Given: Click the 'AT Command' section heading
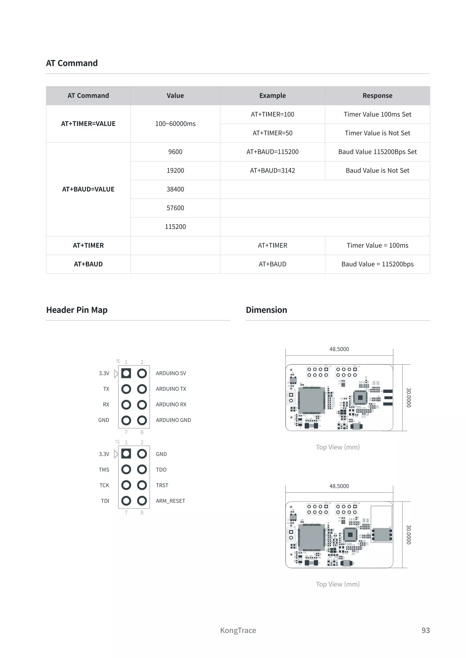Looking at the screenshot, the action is (x=72, y=63).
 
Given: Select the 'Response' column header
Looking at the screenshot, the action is (x=377, y=96).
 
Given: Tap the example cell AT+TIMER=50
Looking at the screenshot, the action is (x=272, y=133).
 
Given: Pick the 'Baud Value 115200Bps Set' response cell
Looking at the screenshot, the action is (x=377, y=152).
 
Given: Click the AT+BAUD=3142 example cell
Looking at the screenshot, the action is (x=272, y=170).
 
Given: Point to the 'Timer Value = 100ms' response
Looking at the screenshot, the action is (x=377, y=245).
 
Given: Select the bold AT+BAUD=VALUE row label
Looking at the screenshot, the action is (x=88, y=189).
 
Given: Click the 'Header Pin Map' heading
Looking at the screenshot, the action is (x=77, y=310).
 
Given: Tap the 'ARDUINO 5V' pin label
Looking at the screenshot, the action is (x=171, y=373).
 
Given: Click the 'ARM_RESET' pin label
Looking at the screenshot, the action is (x=170, y=501).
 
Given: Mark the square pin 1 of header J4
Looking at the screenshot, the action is (x=126, y=373).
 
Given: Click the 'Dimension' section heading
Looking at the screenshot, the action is (x=266, y=310).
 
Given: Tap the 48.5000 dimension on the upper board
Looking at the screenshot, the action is (x=339, y=349).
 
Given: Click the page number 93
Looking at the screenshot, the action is (x=425, y=630).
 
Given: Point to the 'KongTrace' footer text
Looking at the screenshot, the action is (x=238, y=630).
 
